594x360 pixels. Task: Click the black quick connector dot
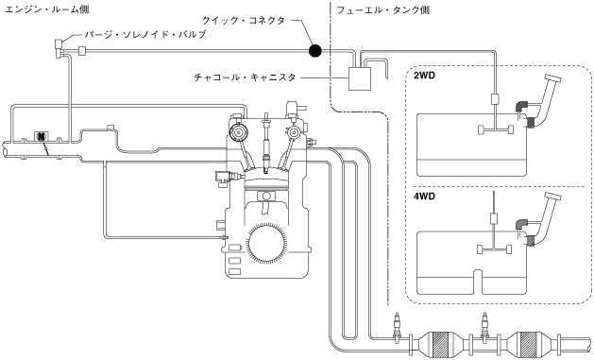314,50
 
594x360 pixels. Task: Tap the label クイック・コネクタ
244,21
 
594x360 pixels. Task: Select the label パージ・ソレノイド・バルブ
145,34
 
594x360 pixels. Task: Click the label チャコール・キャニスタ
245,77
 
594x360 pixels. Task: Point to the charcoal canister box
360,78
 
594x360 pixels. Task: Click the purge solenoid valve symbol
59,49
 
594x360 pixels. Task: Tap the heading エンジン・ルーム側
47,9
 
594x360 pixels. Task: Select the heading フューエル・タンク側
383,9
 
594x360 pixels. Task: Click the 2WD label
424,76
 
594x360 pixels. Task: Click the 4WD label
424,197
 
